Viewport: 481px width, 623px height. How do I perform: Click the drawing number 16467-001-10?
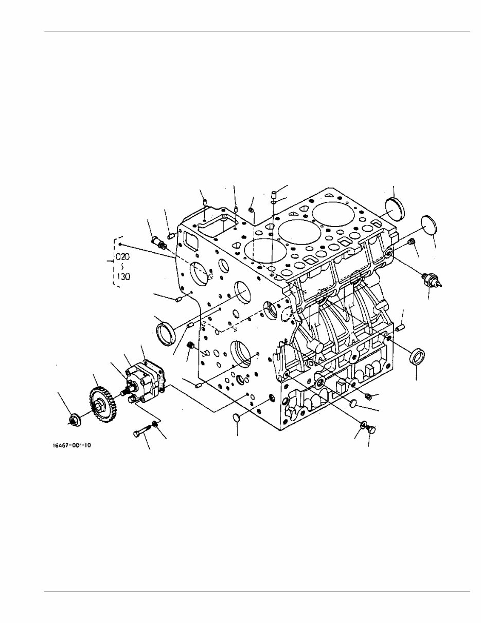pos(72,445)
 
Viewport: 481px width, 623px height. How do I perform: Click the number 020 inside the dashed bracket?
pos(122,256)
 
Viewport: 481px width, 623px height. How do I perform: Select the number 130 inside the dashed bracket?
pos(122,276)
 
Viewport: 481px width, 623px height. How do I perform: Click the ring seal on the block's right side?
pos(417,357)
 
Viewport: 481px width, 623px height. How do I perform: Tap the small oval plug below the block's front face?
pos(235,418)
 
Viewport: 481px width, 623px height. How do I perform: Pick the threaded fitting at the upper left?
pos(158,241)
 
